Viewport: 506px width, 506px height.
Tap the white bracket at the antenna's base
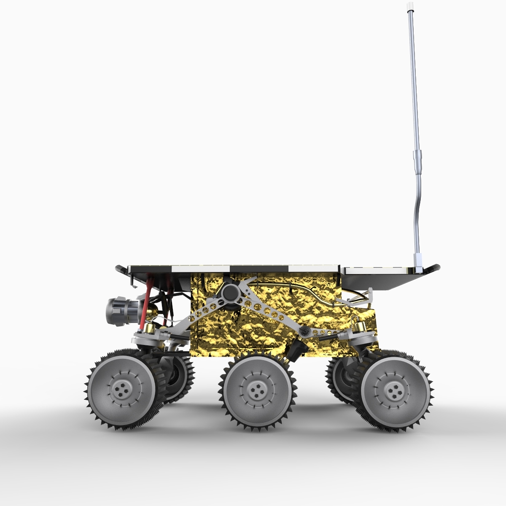(418, 261)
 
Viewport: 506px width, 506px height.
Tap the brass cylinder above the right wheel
(359, 328)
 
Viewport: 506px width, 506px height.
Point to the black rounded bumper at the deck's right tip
(434, 268)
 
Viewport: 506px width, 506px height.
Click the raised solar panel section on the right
(375, 270)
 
